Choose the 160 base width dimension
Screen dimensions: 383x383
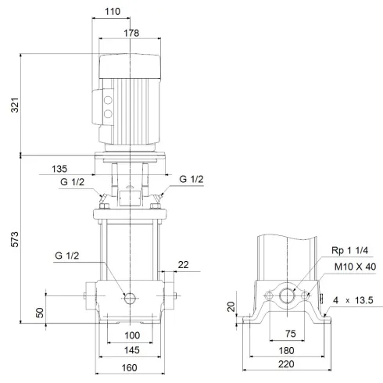[130, 367]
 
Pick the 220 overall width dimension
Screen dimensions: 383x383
[287, 366]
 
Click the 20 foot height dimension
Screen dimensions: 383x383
[231, 307]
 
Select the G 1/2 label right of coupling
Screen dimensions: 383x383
[191, 180]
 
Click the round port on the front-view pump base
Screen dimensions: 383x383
[130, 297]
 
